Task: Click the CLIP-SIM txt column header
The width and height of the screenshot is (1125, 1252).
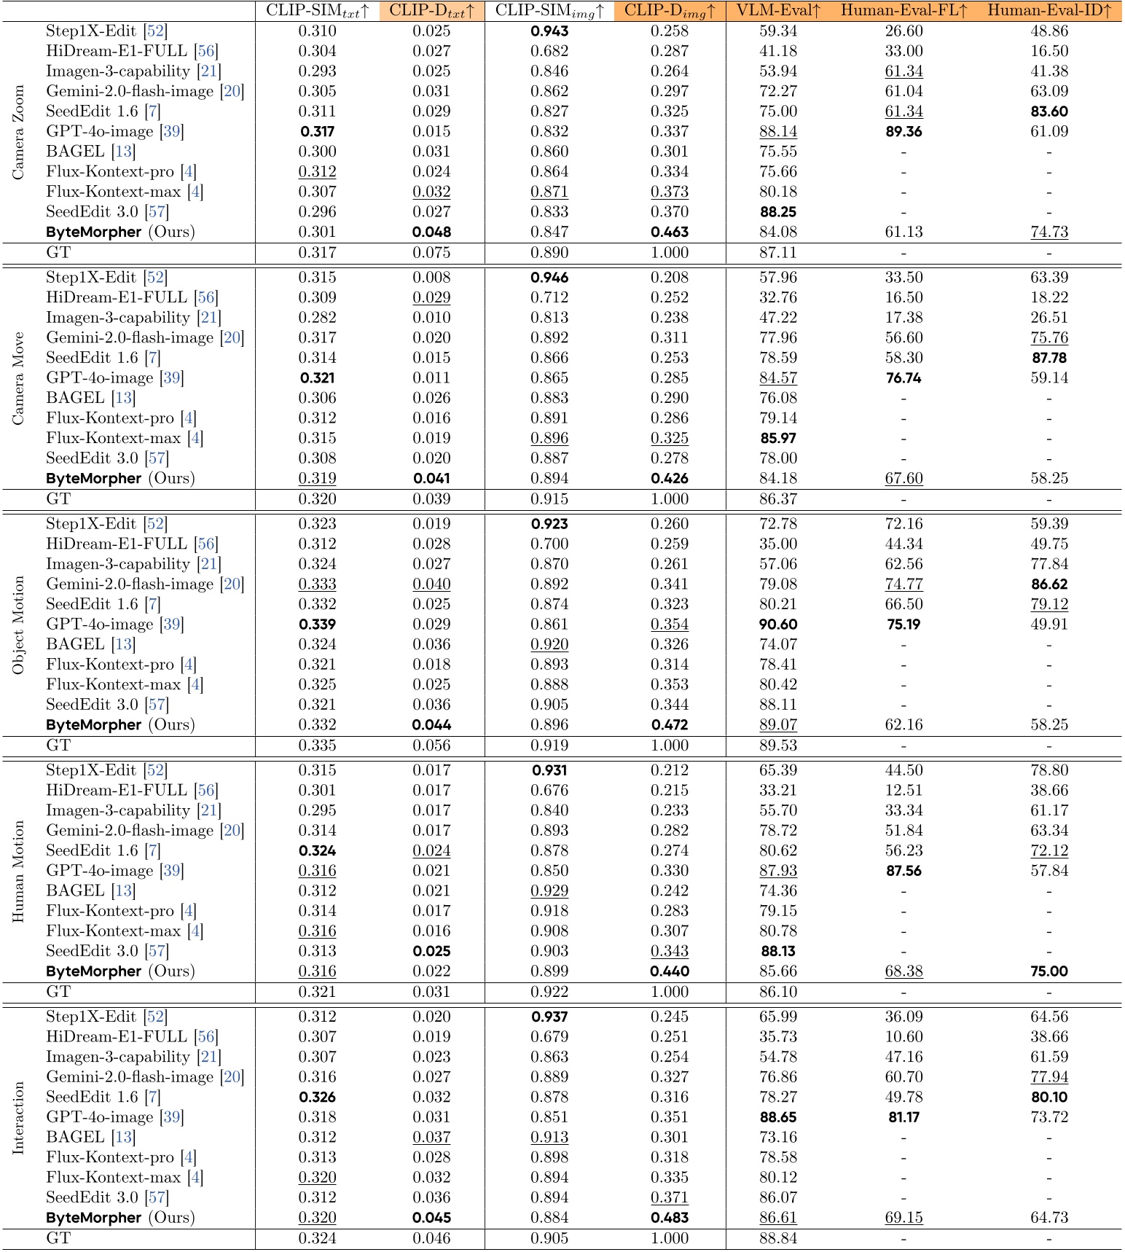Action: pyautogui.click(x=318, y=10)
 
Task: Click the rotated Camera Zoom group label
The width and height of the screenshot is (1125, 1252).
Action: pyautogui.click(x=18, y=132)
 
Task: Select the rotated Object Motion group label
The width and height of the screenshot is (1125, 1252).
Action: pyautogui.click(x=18, y=625)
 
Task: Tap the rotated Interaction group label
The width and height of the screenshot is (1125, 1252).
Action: pyautogui.click(x=18, y=1117)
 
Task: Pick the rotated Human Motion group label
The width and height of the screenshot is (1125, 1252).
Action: pyautogui.click(x=18, y=871)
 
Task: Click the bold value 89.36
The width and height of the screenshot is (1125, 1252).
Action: pyautogui.click(x=904, y=131)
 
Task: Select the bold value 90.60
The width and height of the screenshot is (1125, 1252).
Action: pyautogui.click(x=778, y=625)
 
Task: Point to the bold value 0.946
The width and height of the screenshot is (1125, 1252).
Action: pyautogui.click(x=549, y=278)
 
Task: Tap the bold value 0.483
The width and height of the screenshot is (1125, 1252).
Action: pyautogui.click(x=669, y=1218)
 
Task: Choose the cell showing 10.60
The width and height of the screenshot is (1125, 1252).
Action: pyautogui.click(x=904, y=1037)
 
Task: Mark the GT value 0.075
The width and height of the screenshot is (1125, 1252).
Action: pyautogui.click(x=431, y=253)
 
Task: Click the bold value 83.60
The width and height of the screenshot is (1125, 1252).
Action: pyautogui.click(x=1050, y=111)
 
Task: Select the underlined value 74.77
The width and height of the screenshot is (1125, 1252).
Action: pyautogui.click(x=904, y=584)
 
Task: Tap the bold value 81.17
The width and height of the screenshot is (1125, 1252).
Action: pyautogui.click(x=904, y=1117)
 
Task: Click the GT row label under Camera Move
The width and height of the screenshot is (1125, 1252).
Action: pyautogui.click(x=58, y=499)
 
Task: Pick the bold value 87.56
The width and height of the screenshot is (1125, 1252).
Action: pyautogui.click(x=904, y=871)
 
